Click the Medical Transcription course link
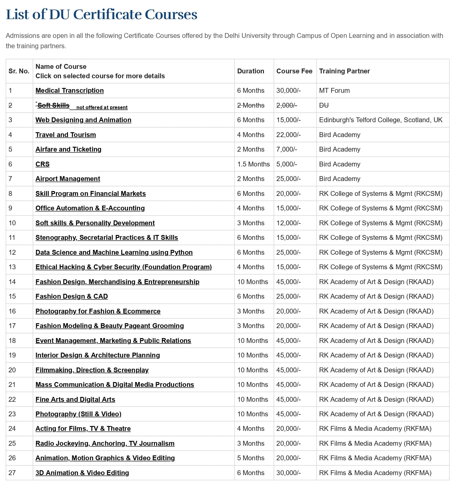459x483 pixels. point(69,90)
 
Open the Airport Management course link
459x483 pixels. point(68,179)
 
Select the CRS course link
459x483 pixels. point(42,164)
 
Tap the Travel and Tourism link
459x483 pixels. point(66,135)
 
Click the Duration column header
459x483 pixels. point(251,71)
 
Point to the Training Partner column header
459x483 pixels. point(344,71)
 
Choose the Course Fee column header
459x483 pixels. point(294,71)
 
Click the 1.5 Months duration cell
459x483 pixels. point(253,164)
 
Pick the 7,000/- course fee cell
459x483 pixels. point(287,149)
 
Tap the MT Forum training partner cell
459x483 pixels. point(334,90)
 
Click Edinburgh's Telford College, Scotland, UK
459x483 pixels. point(381,120)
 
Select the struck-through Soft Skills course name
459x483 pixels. point(53,105)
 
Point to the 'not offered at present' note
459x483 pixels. point(102,107)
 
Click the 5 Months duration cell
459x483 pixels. point(251,458)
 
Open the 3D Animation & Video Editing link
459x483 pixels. point(82,473)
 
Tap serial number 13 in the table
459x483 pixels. point(12,267)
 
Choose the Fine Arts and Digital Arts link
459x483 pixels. point(75,399)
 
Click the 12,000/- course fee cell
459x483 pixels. point(288,223)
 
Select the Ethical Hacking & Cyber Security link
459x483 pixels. point(123,267)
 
